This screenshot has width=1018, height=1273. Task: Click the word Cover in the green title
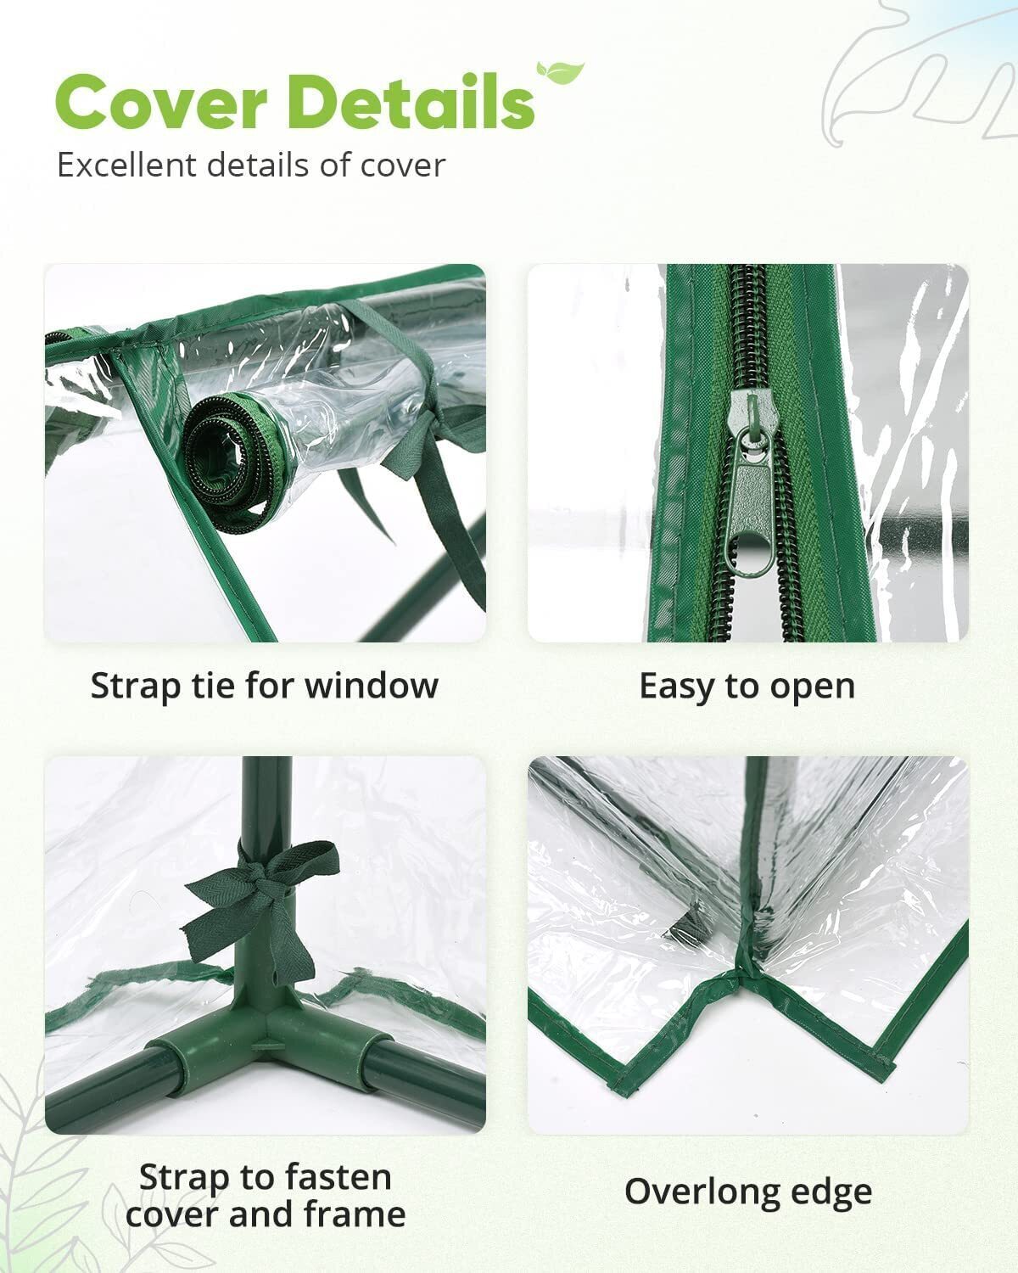[161, 102]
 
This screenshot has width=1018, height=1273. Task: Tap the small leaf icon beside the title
[560, 73]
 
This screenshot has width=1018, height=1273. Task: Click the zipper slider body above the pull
[752, 414]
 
